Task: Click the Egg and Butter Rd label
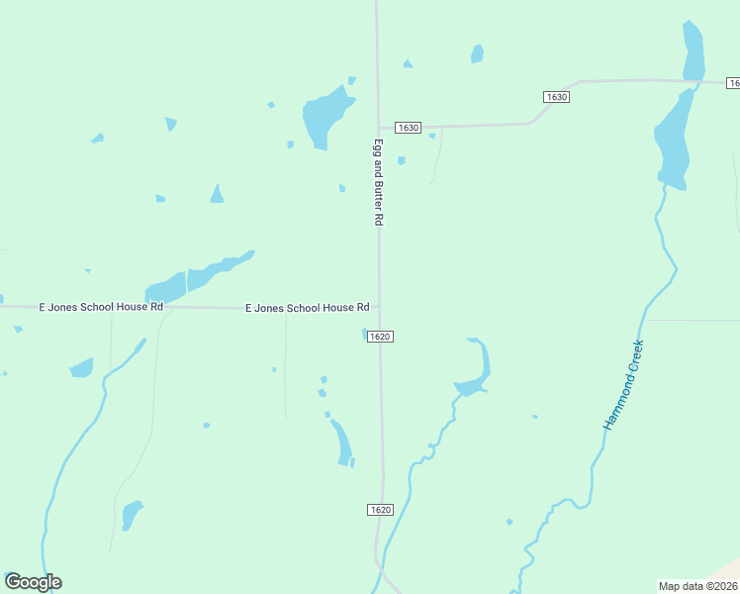click(x=377, y=183)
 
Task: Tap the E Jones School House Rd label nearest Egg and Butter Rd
click(x=307, y=308)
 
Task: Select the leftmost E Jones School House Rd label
click(x=100, y=307)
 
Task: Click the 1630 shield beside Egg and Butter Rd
click(x=408, y=128)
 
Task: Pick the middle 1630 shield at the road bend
click(x=556, y=96)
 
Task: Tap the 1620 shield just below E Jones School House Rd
click(x=381, y=337)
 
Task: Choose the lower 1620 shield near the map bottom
click(x=381, y=510)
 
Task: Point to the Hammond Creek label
click(x=624, y=384)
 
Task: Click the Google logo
click(x=33, y=582)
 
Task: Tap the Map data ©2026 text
click(x=697, y=586)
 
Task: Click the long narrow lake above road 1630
click(x=694, y=49)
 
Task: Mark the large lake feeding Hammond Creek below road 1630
click(x=674, y=139)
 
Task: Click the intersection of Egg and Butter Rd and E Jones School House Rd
click(x=378, y=308)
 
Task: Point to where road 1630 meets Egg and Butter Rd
click(x=378, y=128)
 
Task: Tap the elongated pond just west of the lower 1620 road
click(x=342, y=443)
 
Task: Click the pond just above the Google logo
click(x=130, y=515)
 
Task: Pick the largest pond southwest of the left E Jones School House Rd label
click(x=81, y=368)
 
